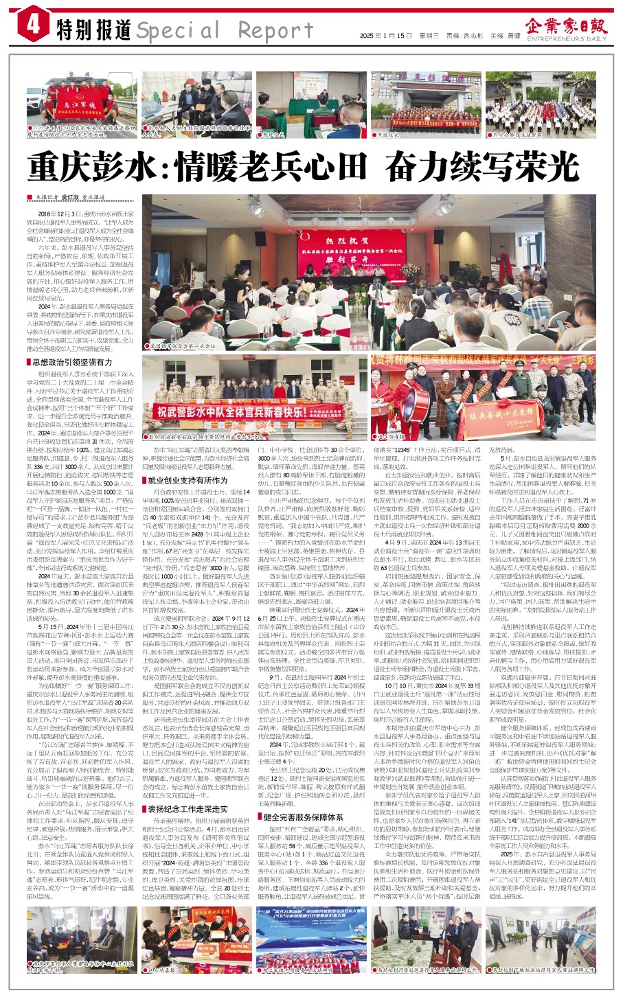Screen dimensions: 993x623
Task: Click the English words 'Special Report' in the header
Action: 225,30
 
